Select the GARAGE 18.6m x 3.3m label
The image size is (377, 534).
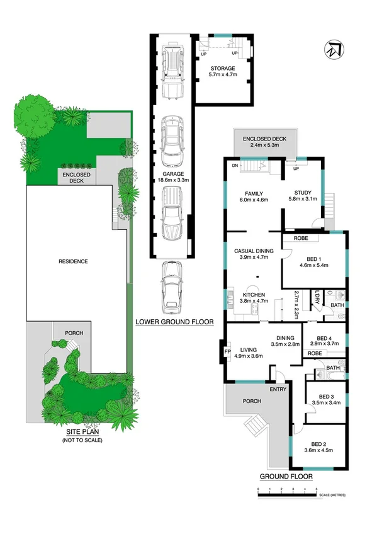click(172, 176)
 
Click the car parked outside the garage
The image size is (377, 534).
click(171, 287)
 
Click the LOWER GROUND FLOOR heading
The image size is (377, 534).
click(175, 322)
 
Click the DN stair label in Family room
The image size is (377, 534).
click(234, 166)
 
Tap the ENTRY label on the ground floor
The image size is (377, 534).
click(278, 389)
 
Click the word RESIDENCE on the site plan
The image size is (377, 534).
click(73, 261)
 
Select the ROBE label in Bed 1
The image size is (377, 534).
click(300, 239)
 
